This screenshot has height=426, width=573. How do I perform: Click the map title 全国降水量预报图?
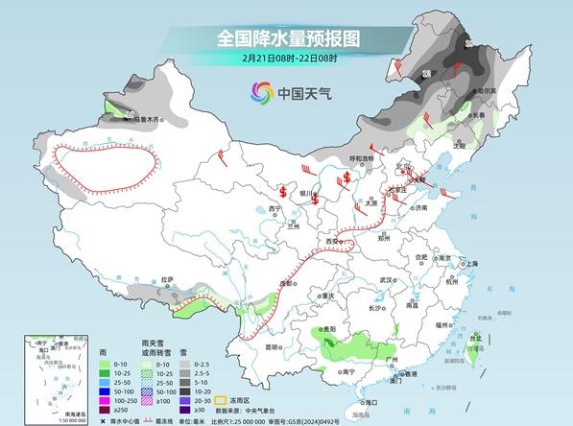pyautogui.click(x=287, y=38)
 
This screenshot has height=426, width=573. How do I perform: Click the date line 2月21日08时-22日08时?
pyautogui.click(x=287, y=59)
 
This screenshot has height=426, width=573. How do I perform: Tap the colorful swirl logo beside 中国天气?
pyautogui.click(x=261, y=93)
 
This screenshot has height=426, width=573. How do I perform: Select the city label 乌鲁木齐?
pyautogui.click(x=150, y=120)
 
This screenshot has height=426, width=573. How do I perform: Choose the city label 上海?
pyautogui.click(x=471, y=263)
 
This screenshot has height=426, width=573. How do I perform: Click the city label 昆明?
pyautogui.click(x=272, y=346)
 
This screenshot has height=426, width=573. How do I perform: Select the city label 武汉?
pyautogui.click(x=388, y=280)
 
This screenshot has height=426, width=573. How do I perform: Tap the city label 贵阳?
pyautogui.click(x=329, y=329)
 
